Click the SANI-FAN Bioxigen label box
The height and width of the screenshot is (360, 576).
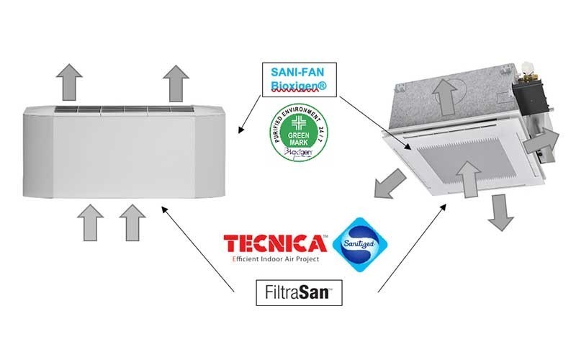297,78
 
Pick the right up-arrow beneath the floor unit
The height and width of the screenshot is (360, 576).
131,221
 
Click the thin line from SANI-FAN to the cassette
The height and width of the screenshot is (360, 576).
374,122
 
